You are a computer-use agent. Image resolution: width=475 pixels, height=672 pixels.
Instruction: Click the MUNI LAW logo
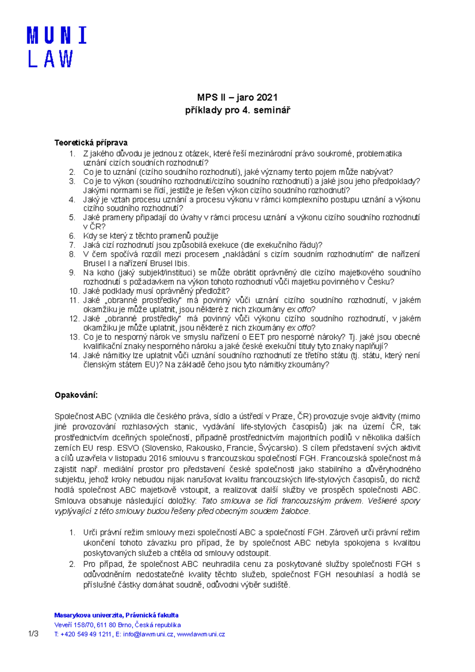point(56,47)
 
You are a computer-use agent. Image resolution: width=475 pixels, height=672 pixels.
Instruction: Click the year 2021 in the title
point(267,97)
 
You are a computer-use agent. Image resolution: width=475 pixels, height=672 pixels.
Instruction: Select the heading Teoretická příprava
point(91,142)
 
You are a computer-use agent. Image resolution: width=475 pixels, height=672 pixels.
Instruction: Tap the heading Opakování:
point(76,395)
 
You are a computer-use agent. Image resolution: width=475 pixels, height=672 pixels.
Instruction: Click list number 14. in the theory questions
point(74,355)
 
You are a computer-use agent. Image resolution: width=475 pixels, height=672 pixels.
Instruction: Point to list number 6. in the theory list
point(72,236)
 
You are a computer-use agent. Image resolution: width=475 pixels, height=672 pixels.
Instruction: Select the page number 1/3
point(33,634)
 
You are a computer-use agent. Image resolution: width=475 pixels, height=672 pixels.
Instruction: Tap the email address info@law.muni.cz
point(148,634)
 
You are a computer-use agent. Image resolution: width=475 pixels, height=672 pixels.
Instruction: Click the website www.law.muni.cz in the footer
point(201,634)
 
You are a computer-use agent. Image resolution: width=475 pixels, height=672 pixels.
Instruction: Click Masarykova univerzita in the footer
point(88,615)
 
